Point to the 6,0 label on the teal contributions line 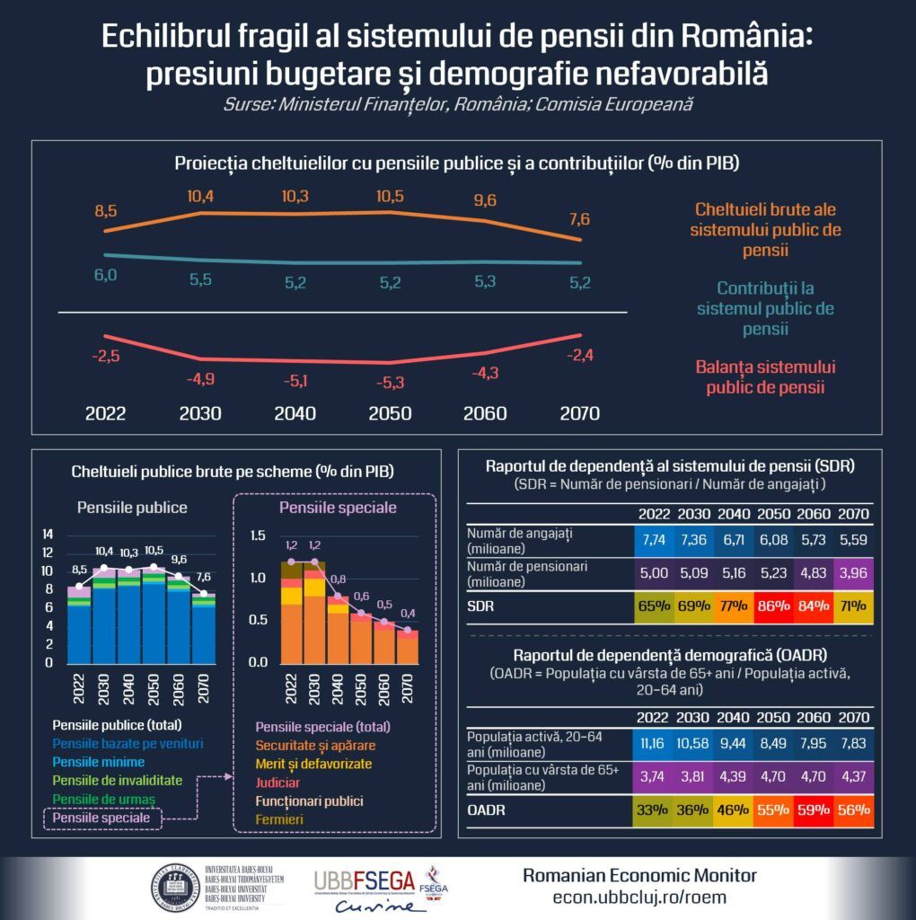105,275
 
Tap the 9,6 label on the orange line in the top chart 484,201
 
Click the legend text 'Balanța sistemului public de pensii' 765,377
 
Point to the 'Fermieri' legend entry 279,819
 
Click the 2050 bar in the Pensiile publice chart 154,620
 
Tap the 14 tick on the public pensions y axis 48,534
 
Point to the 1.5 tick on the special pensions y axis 258,536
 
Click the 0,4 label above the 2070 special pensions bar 408,614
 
